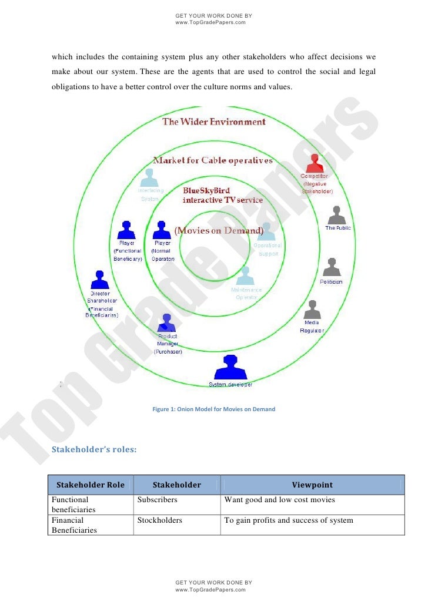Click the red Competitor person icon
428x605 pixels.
pyautogui.click(x=315, y=163)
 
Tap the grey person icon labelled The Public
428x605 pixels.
pyautogui.click(x=337, y=215)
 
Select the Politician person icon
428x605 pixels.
pyautogui.click(x=332, y=267)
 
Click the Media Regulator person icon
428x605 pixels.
pyautogui.click(x=312, y=310)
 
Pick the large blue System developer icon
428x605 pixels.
pyautogui.click(x=230, y=368)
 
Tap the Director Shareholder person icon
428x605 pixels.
pyautogui.click(x=99, y=280)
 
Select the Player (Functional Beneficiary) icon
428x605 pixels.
pyautogui.click(x=127, y=230)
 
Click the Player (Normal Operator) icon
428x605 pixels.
pyautogui.click(x=162, y=230)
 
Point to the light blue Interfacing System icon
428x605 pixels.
pyautogui.click(x=151, y=178)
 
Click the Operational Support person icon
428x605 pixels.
pyautogui.click(x=267, y=231)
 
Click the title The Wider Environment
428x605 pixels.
pyautogui.click(x=214, y=122)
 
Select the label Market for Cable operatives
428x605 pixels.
pyautogui.click(x=213, y=160)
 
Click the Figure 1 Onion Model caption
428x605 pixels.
pyautogui.click(x=213, y=409)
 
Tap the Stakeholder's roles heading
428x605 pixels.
pyautogui.click(x=94, y=450)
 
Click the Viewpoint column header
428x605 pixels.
pyautogui.click(x=312, y=485)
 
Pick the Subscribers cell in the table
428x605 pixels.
pyautogui.click(x=158, y=500)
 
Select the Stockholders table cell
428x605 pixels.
pyautogui.click(x=160, y=520)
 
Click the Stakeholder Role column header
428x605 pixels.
pyautogui.click(x=91, y=485)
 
